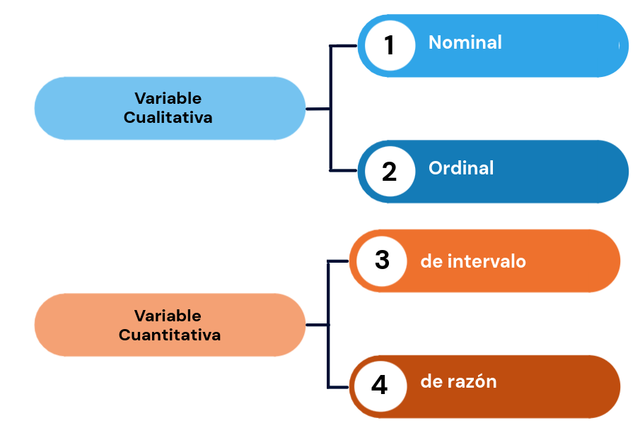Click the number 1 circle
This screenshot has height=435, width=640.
(390, 45)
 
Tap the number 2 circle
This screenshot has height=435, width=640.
(390, 171)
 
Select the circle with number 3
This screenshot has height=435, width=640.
(382, 261)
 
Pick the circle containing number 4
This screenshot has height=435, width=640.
(380, 386)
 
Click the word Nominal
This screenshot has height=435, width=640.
(465, 42)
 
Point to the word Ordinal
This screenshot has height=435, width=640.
(461, 168)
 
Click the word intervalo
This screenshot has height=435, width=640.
(487, 261)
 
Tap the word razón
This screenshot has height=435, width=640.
(472, 381)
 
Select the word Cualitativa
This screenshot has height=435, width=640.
(168, 117)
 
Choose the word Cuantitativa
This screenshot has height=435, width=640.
(170, 335)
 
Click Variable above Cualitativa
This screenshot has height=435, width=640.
(168, 98)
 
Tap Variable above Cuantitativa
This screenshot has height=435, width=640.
(168, 316)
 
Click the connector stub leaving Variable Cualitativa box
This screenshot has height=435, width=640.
(318, 109)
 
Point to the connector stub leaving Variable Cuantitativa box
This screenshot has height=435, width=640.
(317, 325)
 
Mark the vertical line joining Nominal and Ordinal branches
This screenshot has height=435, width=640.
(331, 108)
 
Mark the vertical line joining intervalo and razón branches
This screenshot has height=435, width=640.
(328, 324)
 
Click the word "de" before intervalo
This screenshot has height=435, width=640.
(431, 261)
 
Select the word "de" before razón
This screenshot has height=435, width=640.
(431, 381)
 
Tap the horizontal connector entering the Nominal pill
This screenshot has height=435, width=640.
(344, 46)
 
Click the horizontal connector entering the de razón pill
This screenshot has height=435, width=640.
(338, 387)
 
